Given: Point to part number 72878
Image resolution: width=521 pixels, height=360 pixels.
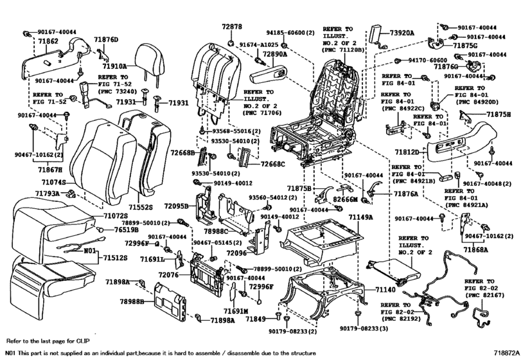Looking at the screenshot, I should pos(232,28).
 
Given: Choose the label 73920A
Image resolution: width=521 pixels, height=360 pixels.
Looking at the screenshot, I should pos(400,33).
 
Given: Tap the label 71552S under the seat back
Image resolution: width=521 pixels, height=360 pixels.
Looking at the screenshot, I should pos(141,208).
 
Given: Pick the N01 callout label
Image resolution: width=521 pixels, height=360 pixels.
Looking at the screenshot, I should pos(89,250).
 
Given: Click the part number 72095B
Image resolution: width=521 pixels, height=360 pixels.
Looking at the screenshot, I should pos(177,206).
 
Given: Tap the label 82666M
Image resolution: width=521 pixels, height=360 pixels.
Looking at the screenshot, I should pos(346,200).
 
